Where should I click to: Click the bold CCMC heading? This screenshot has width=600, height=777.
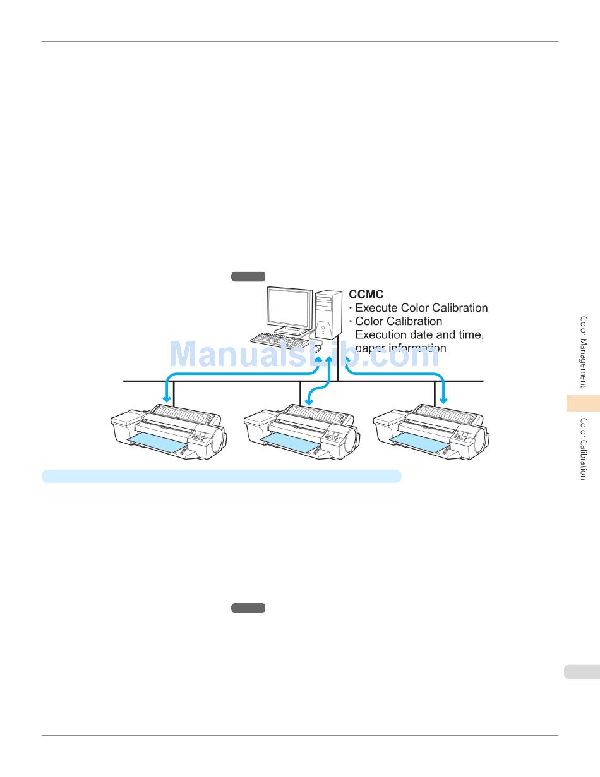coord(366,295)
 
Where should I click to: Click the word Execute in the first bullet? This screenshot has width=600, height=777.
coord(376,308)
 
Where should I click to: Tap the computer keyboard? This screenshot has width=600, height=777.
coord(278,340)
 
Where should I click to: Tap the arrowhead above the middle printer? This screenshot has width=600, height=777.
coord(309,401)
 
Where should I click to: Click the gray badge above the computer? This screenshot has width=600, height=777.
coord(248,276)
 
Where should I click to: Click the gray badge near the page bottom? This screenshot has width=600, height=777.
coord(248,608)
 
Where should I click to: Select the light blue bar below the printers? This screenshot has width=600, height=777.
coord(221,476)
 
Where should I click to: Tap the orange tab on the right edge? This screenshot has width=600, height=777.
coord(582,403)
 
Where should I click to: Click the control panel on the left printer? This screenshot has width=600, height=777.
coord(200,436)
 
